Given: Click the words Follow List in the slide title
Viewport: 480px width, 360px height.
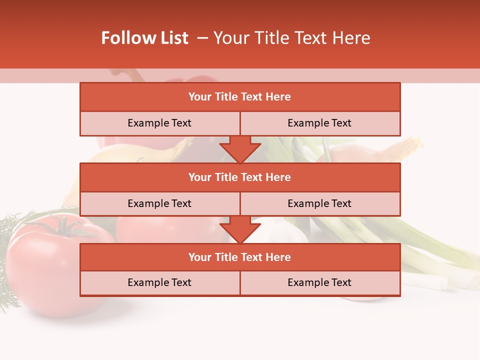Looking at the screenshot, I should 145,38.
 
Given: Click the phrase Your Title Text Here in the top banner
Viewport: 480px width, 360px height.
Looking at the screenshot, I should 291,38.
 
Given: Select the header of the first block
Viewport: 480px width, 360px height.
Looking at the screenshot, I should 240,97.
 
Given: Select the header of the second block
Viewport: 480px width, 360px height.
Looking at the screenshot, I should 240,177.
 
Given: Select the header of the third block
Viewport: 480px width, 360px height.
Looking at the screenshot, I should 240,257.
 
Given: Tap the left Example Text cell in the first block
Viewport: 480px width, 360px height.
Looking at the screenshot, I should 159,123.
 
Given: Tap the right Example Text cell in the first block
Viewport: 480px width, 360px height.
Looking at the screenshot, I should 319,123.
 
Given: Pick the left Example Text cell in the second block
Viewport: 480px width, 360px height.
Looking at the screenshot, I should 159,203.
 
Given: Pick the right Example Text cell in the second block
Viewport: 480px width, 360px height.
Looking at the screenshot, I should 319,203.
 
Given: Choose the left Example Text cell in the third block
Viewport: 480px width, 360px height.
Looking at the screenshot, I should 159,282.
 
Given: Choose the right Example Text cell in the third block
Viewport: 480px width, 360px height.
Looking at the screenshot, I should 319,282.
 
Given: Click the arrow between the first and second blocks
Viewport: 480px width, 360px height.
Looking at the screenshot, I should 240,149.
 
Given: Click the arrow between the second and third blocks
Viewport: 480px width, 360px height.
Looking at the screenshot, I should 240,229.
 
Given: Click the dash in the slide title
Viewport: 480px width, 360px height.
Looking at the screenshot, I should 202,38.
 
